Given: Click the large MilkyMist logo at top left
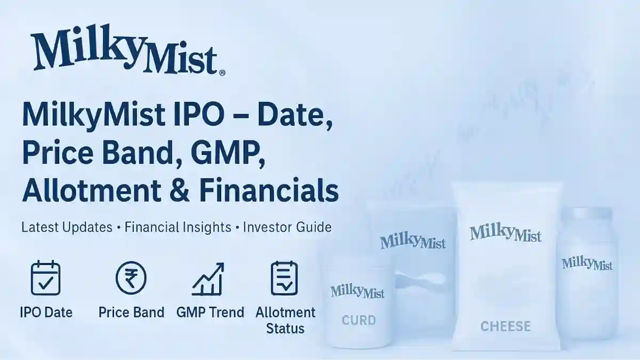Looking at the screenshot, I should (124, 51).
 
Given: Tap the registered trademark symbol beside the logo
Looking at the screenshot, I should (222, 73).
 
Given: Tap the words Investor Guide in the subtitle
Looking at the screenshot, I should (287, 227).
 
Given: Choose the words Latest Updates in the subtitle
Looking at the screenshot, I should (67, 227).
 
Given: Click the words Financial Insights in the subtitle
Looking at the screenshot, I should (178, 227).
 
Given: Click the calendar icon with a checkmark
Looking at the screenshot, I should (46, 278).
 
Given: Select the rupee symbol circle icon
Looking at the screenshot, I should (131, 278).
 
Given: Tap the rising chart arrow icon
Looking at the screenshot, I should (207, 278).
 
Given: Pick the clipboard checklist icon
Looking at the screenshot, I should (284, 278).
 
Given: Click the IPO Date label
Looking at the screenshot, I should (46, 313).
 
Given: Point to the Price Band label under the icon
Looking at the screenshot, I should (131, 313).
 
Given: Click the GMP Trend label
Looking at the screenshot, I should (210, 313).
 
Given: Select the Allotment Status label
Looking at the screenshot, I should (285, 320).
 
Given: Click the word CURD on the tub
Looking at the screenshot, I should (358, 321).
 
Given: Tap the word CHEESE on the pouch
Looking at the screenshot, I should (505, 326).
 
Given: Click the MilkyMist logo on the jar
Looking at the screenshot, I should (587, 263).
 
